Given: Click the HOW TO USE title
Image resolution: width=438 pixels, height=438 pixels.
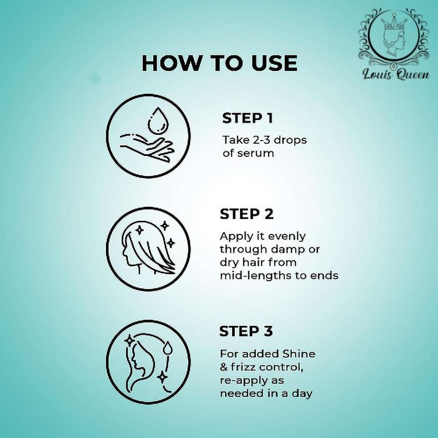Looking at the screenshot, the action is tap(219, 63).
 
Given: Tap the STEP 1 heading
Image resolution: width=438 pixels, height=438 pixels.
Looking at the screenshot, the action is tap(247, 118).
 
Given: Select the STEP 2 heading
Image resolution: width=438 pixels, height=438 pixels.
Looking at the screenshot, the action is tap(246, 214).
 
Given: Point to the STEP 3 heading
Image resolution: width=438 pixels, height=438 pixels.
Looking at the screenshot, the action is tap(246, 331).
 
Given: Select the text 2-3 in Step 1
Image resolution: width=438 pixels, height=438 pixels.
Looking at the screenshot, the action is tap(262, 140).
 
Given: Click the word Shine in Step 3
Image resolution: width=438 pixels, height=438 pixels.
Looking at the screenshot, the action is tap(299, 354).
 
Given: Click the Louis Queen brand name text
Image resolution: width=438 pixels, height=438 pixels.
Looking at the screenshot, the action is tap(396, 74).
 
